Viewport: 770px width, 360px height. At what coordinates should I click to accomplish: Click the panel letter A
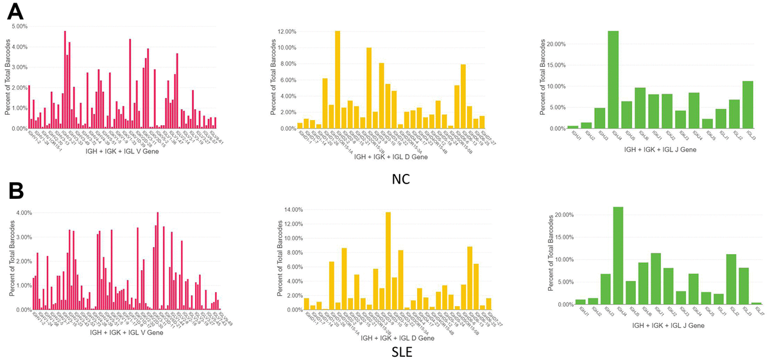pos(15,12)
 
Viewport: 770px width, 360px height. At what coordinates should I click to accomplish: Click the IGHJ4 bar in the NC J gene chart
pos(613,80)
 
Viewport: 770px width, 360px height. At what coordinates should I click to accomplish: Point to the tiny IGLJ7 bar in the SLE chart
pos(757,304)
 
